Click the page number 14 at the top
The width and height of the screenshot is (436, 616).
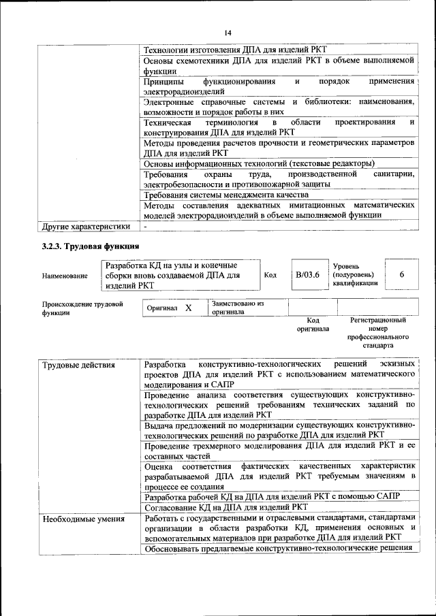pyautogui.click(x=228, y=32)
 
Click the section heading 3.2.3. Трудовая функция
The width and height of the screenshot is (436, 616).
pyautogui.click(x=91, y=246)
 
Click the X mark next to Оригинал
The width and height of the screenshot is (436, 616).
pyautogui.click(x=187, y=308)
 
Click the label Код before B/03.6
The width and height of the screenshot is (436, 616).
pyautogui.click(x=270, y=274)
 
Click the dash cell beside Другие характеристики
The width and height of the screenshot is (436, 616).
pyautogui.click(x=145, y=226)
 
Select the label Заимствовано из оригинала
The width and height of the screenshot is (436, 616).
pyautogui.click(x=237, y=308)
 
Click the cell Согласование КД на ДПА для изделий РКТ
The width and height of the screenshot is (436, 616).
pyautogui.click(x=226, y=507)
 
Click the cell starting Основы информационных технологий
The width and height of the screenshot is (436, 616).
pyautogui.click(x=259, y=164)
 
